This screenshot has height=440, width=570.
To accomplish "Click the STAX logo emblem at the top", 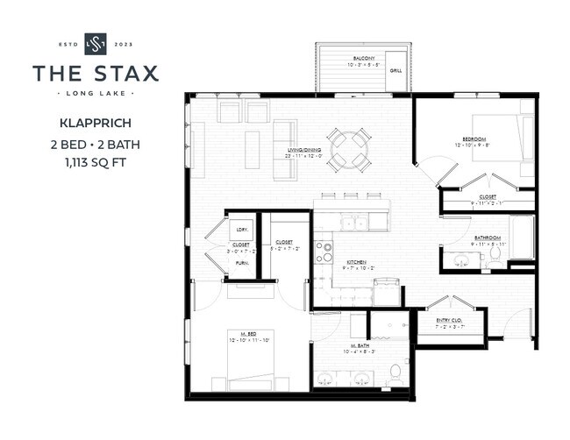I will (x=95, y=43).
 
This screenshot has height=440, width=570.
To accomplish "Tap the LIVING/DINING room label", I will (x=303, y=150).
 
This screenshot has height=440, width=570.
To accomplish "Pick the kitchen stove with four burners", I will (x=324, y=252).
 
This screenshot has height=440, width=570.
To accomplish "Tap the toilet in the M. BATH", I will (x=395, y=371).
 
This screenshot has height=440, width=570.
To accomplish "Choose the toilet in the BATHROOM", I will (x=495, y=254).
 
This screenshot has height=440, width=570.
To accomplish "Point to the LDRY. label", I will (x=241, y=230).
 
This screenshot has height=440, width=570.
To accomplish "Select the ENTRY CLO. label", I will (x=451, y=321).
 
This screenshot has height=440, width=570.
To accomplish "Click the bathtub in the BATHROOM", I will (x=522, y=238).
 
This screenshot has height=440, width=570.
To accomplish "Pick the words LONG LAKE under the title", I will (x=95, y=92).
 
